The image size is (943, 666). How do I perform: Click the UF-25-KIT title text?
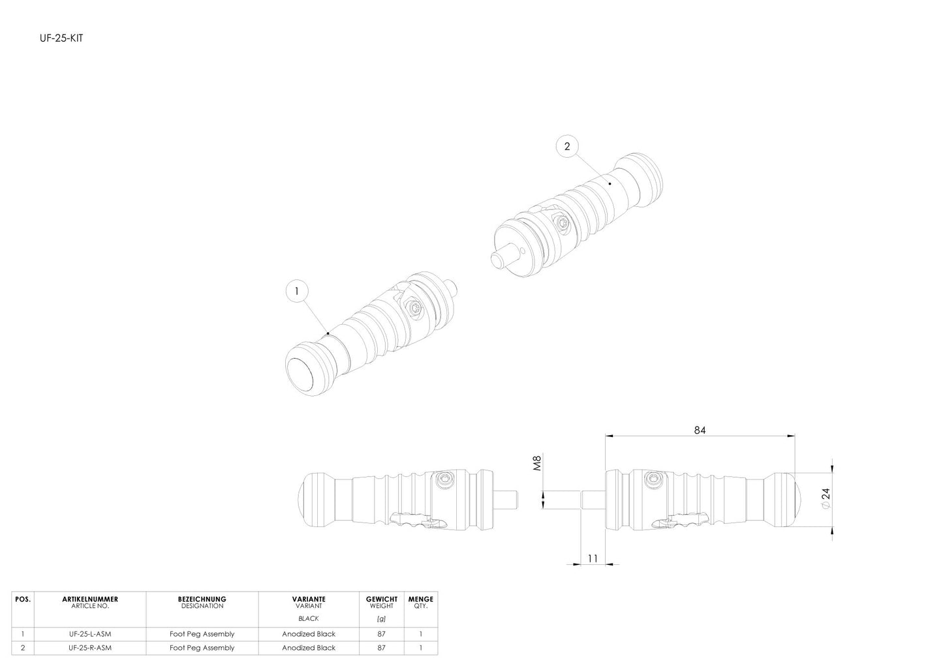[61, 38]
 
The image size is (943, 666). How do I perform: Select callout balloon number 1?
[297, 291]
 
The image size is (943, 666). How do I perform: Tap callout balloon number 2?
[568, 146]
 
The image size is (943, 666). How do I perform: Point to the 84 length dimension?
[700, 430]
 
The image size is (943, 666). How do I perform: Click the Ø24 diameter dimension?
[826, 498]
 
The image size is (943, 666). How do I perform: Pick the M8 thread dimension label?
[536, 462]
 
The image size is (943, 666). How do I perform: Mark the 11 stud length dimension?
[593, 558]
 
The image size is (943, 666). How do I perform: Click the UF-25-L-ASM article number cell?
[90, 633]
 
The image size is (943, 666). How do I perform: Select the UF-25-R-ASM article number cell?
[90, 648]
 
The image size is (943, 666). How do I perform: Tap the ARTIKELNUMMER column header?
[90, 599]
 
